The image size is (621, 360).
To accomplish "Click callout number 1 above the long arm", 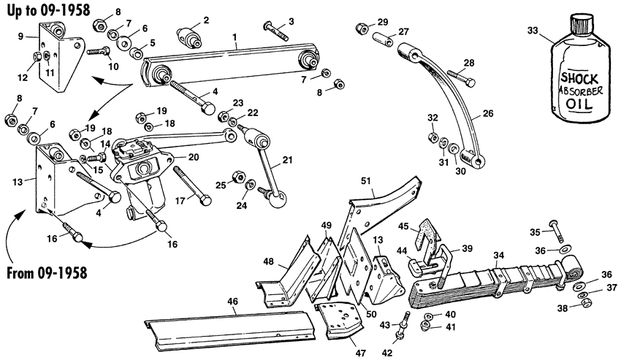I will tap(234, 36).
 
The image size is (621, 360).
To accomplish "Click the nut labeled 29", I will tap(361, 28).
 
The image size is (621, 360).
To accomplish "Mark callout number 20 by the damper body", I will tap(193, 157).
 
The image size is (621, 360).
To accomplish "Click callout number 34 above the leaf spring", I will tap(498, 255).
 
